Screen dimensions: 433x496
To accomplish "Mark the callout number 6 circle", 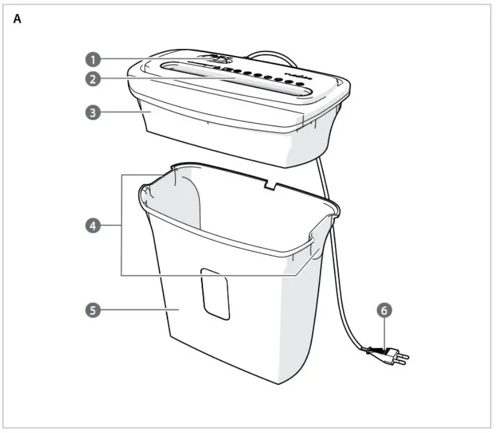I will point(383,310).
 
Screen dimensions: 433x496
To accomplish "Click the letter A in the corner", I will point(18,19).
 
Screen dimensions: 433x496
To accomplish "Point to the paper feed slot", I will point(233,80).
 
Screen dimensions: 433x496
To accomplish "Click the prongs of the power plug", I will point(404,359).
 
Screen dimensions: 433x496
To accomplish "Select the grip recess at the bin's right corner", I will point(315,247).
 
